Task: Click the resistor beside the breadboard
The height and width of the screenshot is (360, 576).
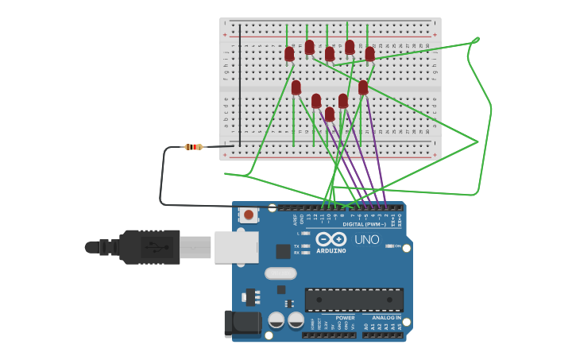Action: (193, 147)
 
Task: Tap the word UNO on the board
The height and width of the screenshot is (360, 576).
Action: (366, 239)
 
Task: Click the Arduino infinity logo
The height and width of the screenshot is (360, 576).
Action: (331, 238)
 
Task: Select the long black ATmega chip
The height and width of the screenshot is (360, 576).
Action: (354, 300)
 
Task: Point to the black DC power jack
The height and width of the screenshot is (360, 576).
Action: (242, 323)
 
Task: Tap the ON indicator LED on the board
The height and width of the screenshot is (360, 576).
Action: (389, 246)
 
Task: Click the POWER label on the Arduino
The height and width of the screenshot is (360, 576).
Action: (345, 317)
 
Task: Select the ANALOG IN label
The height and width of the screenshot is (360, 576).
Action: (387, 317)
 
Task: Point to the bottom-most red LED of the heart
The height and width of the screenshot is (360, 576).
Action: (330, 114)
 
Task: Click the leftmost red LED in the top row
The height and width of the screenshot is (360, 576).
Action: (289, 54)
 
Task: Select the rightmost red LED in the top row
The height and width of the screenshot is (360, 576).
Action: (369, 54)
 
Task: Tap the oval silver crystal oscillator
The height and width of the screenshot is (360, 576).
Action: (280, 274)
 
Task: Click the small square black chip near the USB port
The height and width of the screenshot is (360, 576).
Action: (283, 251)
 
